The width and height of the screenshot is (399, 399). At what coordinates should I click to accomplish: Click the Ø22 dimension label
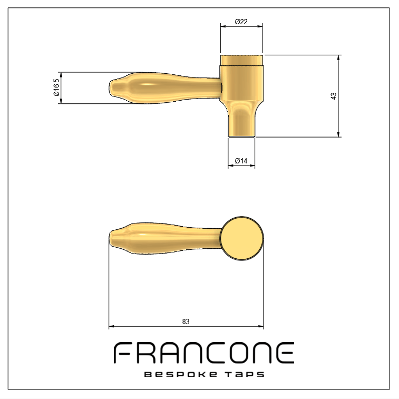point(241,22)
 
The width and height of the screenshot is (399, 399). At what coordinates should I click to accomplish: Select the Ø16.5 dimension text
point(56,87)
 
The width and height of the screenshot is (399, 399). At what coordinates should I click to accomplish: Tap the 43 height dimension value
point(333,96)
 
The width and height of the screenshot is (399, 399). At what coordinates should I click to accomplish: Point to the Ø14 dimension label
point(241,161)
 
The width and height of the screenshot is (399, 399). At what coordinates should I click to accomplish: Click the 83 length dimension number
point(186,322)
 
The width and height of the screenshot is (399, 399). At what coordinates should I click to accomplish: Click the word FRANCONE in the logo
point(204,353)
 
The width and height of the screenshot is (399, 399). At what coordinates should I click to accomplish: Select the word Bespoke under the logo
point(181,374)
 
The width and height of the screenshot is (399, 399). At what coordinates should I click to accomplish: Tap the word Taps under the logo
point(245,374)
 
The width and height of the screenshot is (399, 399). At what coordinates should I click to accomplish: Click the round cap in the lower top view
point(241,238)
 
